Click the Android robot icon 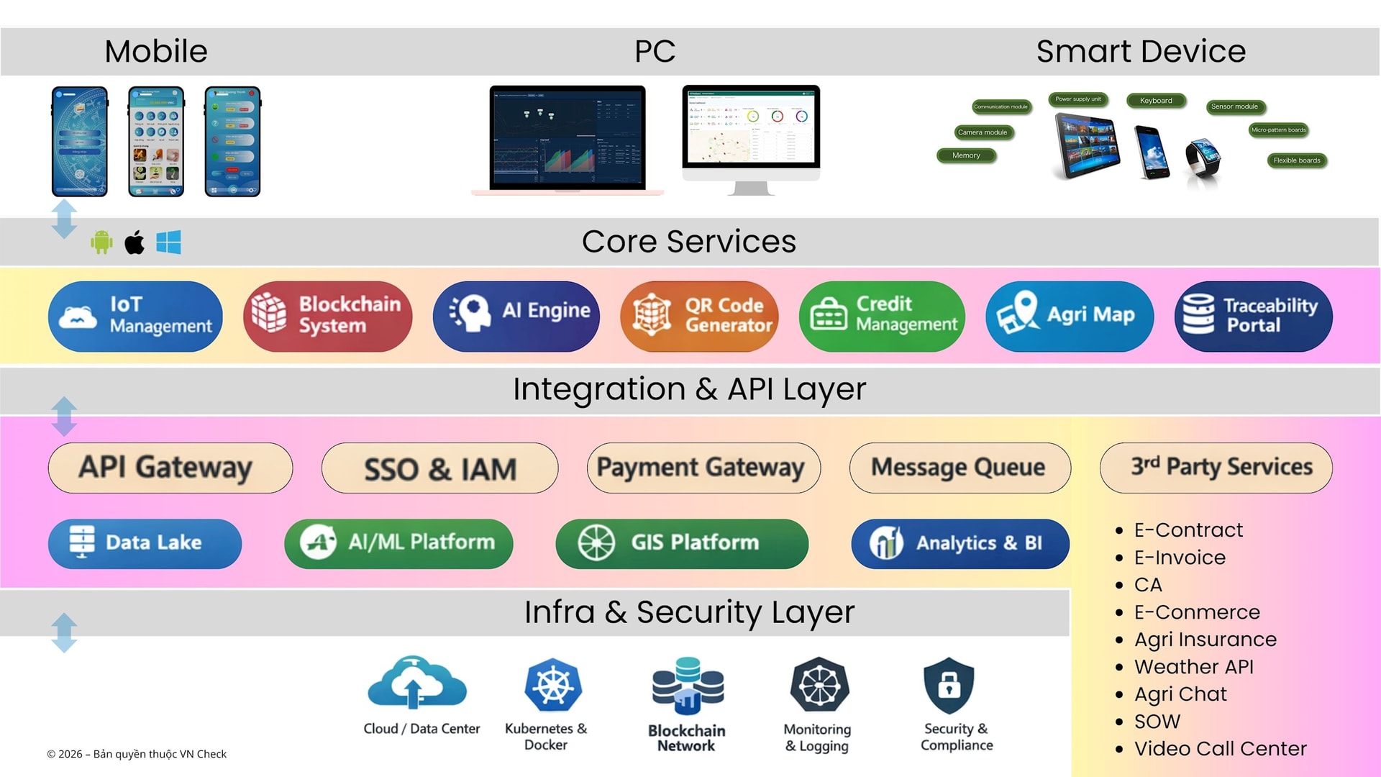pyautogui.click(x=101, y=242)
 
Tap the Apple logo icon pyautogui.click(x=135, y=242)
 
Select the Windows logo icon pyautogui.click(x=168, y=242)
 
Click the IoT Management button pyautogui.click(x=135, y=316)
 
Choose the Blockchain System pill pyautogui.click(x=327, y=316)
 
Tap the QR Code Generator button pyautogui.click(x=699, y=316)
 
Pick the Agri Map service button pyautogui.click(x=1069, y=316)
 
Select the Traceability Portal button pyautogui.click(x=1253, y=316)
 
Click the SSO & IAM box pyautogui.click(x=439, y=468)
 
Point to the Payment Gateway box pyautogui.click(x=703, y=468)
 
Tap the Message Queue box pyautogui.click(x=959, y=468)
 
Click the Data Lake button pyautogui.click(x=145, y=543)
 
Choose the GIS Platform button pyautogui.click(x=681, y=543)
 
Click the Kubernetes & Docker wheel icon pyautogui.click(x=552, y=684)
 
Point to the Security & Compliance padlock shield pyautogui.click(x=949, y=684)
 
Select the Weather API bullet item pyautogui.click(x=1193, y=667)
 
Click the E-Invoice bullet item pyautogui.click(x=1180, y=558)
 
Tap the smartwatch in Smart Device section pyautogui.click(x=1203, y=158)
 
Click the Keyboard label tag pyautogui.click(x=1156, y=101)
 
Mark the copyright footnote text pyautogui.click(x=137, y=754)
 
